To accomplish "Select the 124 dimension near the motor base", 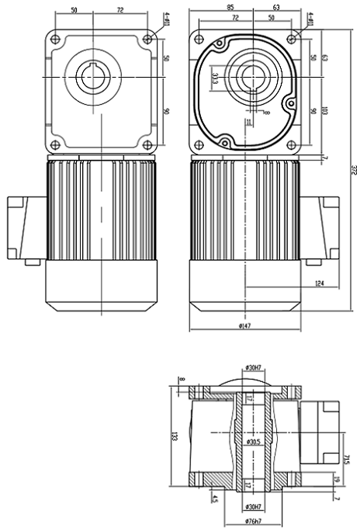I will click(320, 283).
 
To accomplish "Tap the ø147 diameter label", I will click(246, 327).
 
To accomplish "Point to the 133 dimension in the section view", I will click(175, 438).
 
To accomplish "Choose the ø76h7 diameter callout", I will click(251, 520).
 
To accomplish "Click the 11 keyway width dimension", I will click(247, 122).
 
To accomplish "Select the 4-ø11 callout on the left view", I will click(165, 19).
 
